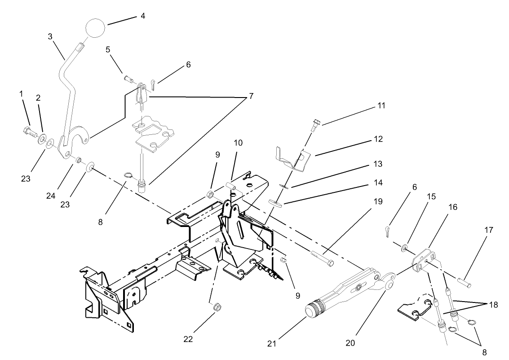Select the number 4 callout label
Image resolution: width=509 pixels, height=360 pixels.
point(143,16)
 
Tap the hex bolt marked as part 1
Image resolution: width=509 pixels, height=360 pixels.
point(28,132)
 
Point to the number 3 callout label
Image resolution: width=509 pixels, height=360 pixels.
point(50,36)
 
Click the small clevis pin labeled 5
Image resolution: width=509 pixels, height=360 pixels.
point(128,80)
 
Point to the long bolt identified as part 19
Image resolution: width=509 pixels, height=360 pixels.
point(322,258)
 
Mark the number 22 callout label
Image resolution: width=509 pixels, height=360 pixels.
point(188,339)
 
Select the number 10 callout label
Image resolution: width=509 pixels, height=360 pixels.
point(238,143)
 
